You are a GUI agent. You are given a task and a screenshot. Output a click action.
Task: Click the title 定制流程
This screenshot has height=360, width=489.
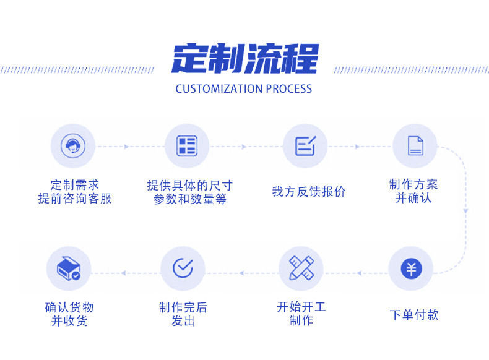[x=244, y=59]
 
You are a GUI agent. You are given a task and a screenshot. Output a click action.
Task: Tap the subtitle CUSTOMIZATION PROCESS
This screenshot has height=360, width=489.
[x=244, y=88]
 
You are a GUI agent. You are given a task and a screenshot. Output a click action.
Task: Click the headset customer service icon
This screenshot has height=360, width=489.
[x=72, y=146]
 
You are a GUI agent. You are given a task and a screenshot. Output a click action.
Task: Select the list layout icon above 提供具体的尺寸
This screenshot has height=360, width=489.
[x=186, y=146]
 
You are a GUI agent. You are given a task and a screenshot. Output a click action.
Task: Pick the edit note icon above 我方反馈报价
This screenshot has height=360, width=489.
[x=305, y=146]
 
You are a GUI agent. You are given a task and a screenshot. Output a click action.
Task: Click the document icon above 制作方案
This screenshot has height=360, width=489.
[x=415, y=146]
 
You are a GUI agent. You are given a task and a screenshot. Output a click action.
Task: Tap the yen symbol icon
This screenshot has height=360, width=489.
[x=410, y=269]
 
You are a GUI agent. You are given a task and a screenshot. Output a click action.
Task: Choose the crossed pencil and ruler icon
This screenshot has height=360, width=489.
[x=301, y=269]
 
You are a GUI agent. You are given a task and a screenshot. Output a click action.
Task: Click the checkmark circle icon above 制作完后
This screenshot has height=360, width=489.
[x=183, y=269]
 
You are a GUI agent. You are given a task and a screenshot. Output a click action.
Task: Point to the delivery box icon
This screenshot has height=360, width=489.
[x=69, y=269]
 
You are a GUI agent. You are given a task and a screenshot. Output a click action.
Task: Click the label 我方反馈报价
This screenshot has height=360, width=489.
[x=308, y=192]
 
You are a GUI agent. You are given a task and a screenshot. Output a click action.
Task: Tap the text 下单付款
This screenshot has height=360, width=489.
[x=413, y=314]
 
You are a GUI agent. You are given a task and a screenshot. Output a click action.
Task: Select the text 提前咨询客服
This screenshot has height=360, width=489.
[x=75, y=199]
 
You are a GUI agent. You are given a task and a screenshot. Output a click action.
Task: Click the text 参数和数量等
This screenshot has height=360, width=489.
[x=189, y=199]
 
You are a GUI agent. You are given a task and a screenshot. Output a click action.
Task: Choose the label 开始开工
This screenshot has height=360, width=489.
[x=301, y=307]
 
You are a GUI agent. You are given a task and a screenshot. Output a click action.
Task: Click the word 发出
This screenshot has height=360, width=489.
[x=183, y=321]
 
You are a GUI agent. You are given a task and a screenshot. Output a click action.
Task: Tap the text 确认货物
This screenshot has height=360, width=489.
[x=69, y=307]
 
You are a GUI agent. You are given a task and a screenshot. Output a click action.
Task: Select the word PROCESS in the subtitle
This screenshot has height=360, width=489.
[x=289, y=88]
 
